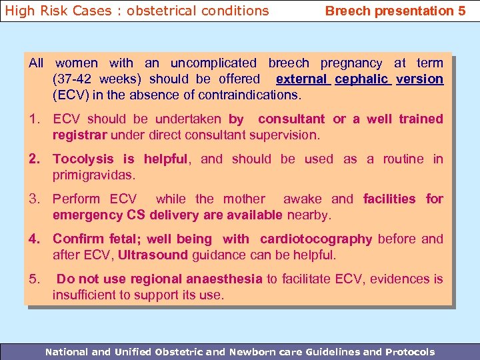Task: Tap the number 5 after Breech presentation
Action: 461,11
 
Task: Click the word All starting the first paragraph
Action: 36,63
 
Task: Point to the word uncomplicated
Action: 213,63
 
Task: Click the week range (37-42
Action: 73,79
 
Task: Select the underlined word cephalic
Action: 361,79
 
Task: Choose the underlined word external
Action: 301,79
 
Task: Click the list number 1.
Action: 35,119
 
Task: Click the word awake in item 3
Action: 304,199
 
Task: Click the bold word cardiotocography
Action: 316,239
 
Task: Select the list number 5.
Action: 35,279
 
